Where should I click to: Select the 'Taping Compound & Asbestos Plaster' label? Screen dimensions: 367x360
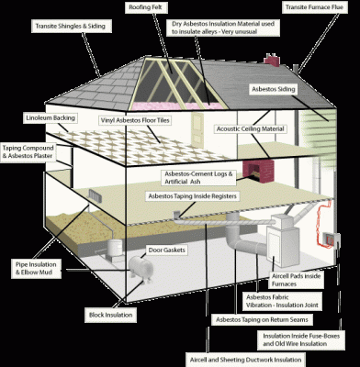[x=32, y=152]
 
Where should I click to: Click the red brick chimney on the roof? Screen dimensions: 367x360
[x=272, y=61]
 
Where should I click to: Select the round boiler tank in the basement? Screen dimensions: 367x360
[x=141, y=272]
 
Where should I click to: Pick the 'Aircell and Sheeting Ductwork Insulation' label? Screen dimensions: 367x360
[x=244, y=359]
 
